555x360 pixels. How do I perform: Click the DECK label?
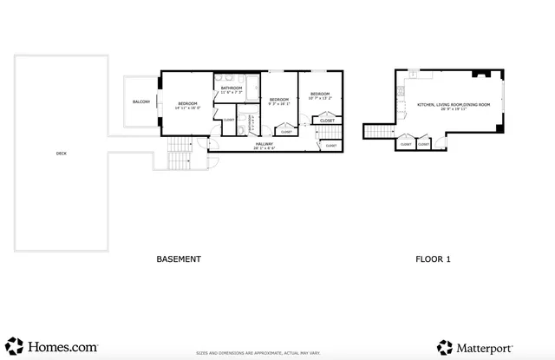tap(61, 154)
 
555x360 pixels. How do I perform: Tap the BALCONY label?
tap(140, 102)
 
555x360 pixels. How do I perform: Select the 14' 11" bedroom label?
tap(187, 105)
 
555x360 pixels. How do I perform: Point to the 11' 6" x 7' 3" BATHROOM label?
tap(232, 89)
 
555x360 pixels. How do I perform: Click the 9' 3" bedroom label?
tap(279, 101)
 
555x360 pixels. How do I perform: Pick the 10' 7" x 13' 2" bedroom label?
tap(320, 95)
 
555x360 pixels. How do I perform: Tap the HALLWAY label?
tap(264, 146)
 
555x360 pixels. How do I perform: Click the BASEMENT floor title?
tap(179, 259)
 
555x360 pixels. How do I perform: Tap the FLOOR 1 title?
tap(433, 259)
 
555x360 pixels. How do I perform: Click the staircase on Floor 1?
tap(378, 131)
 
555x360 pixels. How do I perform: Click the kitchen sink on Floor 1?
tap(400, 89)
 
